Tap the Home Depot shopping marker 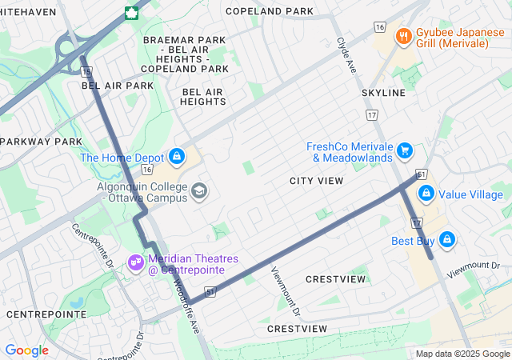point(178,157)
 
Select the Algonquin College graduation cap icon point(198,191)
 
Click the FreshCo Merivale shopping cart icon point(406,150)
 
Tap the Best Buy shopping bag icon point(446,239)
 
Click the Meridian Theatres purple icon point(135,261)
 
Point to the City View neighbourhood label point(317,181)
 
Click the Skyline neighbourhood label point(383,93)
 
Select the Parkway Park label point(42,142)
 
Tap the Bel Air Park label point(118,85)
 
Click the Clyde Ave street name point(346,56)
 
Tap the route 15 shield point(86,72)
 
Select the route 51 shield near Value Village point(420,174)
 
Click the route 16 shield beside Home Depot point(146,170)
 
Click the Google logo point(26,350)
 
